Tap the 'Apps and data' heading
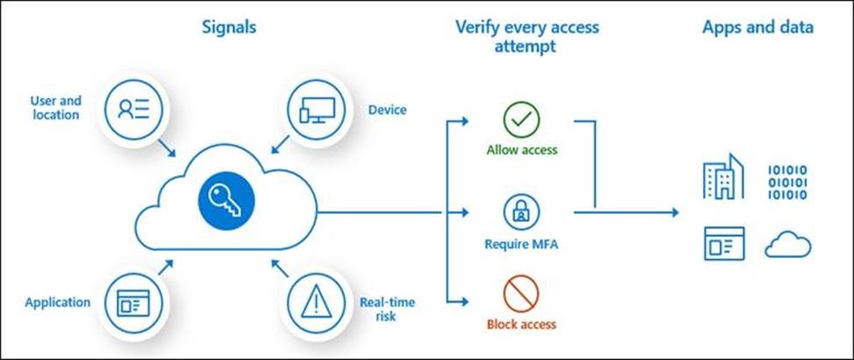757,27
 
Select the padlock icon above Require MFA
521,212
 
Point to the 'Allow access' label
521,150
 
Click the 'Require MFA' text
521,244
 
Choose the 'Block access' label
521,325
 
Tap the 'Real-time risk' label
380,306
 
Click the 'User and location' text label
54,107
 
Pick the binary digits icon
787,180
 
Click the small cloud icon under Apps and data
787,244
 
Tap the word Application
57,303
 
